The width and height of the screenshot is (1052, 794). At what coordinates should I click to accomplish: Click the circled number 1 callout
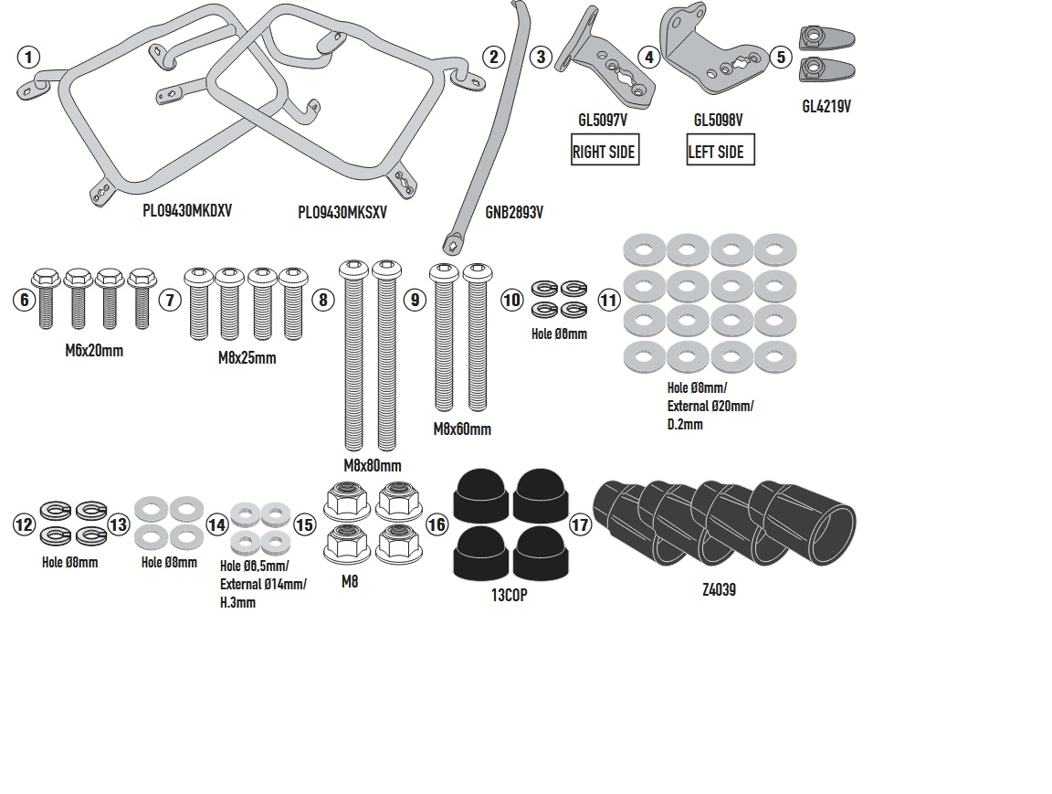coord(29,58)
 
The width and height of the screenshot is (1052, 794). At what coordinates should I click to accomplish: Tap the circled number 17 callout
coord(580,524)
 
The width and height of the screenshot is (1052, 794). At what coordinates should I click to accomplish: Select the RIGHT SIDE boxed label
coord(604,152)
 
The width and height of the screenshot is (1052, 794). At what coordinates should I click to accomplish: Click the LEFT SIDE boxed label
coord(721,152)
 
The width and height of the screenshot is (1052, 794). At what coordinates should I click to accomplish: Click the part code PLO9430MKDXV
coord(187,209)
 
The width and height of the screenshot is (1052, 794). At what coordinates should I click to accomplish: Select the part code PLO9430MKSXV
coord(342,212)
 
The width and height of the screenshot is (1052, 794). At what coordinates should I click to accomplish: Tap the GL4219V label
coord(826,106)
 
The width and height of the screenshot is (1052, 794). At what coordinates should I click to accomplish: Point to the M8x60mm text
coord(461,429)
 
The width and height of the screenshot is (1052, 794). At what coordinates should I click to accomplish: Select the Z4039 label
coord(719,590)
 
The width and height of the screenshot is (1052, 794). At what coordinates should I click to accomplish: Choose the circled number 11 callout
coord(608,299)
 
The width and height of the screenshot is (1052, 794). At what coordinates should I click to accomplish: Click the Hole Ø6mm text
coord(559,334)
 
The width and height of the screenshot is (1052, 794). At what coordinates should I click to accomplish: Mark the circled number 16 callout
coord(437,524)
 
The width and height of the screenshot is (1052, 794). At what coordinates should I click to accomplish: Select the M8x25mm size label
coord(247,357)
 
